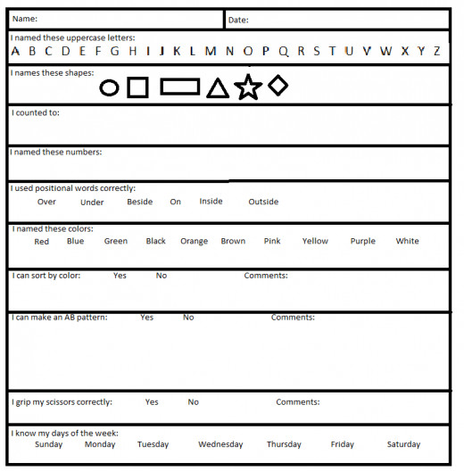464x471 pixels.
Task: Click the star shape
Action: coord(248,87)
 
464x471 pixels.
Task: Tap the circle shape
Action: coord(109,87)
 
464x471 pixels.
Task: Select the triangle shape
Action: coord(217,87)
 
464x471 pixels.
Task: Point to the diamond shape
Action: coord(278,85)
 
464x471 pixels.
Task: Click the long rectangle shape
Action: coord(179,87)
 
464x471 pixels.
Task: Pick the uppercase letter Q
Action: coord(283,51)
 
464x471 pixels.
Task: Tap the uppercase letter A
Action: coord(16,51)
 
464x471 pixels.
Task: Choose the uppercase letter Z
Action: coord(436,51)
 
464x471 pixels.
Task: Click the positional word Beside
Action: coord(139,202)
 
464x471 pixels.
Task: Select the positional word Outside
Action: coord(263,202)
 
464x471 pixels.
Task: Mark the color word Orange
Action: coord(194,241)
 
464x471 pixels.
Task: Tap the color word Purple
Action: coord(362,241)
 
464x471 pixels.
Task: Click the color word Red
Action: coord(41,241)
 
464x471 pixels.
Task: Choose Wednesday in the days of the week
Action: coord(220,444)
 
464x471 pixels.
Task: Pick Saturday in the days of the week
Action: coord(403,444)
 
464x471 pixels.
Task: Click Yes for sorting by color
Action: coord(120,276)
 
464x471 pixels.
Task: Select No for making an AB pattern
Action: coord(188,318)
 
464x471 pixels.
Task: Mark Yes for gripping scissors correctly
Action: coord(152,402)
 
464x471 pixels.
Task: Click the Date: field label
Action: coord(238,20)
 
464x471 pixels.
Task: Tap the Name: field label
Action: coord(25,19)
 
